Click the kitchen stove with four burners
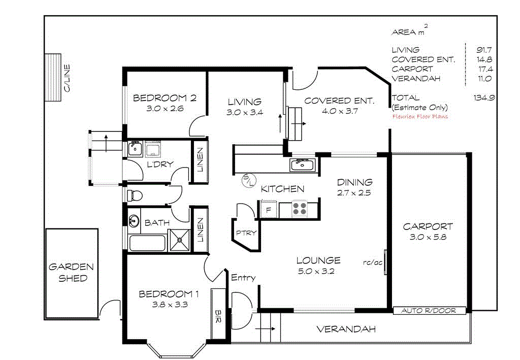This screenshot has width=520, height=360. tap(299, 209)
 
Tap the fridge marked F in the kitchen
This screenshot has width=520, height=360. tap(268, 209)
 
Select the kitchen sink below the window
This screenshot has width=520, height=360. tap(303, 165)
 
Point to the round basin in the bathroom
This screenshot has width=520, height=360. tap(134, 221)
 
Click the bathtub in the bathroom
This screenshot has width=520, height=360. tap(147, 243)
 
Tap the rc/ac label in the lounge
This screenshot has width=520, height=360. tap(372, 263)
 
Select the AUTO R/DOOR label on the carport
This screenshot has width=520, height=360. tap(429, 310)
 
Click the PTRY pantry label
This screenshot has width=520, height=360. tap(246, 233)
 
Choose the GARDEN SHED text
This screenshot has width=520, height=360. tap(71, 272)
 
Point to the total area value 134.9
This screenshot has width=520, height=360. tap(484, 97)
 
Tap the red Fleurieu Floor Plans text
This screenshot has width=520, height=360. tap(420, 116)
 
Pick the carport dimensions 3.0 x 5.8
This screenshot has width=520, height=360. tap(428, 237)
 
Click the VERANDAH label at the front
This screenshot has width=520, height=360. tap(346, 329)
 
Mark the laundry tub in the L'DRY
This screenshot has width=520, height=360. tap(135, 148)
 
